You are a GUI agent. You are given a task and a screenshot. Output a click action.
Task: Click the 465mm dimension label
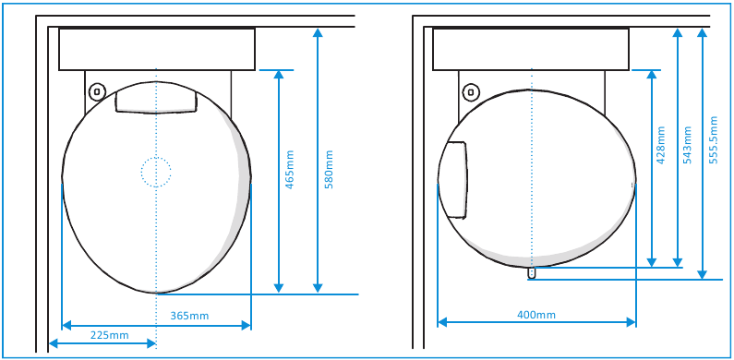coord(290,171)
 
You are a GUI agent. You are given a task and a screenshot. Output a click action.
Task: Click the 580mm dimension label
coord(329,171)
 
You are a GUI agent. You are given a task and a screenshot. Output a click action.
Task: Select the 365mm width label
coord(189,316)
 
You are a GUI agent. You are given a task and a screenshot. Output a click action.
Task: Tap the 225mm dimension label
coord(109,335)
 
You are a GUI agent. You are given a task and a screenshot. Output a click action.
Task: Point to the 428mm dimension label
coord(660,145)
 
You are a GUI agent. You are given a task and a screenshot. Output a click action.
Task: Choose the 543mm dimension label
coord(687,145)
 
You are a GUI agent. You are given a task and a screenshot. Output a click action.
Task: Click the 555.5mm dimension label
coord(713,139)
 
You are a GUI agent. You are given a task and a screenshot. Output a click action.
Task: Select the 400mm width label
coord(536,315)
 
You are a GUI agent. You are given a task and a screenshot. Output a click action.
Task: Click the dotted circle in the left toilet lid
coord(156,171)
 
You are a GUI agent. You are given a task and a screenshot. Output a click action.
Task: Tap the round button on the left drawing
coord(98,91)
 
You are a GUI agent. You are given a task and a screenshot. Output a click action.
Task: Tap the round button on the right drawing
coord(471,91)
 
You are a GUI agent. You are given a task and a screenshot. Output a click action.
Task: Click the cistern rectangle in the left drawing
coord(156,49)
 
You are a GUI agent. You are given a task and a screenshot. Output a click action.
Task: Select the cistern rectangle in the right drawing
coord(531,49)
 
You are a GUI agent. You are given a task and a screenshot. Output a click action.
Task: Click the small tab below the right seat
coord(532,272)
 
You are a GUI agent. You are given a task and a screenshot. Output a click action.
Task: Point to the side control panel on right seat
coord(453,178)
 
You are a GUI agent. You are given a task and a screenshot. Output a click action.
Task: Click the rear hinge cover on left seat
coord(156,99)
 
